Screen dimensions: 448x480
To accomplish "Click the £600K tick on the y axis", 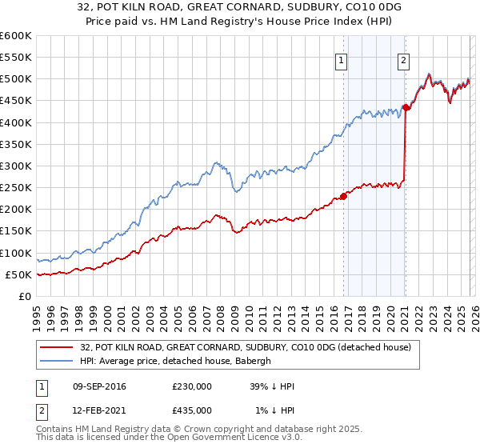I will pos(15,36).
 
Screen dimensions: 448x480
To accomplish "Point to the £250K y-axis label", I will pos(15,187).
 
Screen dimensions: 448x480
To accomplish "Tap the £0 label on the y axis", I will pos(24,296).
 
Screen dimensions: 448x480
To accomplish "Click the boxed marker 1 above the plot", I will pos(342,60).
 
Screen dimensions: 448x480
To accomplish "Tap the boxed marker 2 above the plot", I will pos(403,60).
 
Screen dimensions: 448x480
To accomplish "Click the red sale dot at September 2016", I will pos(344,196).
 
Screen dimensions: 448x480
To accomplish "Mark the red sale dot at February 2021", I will pos(406,107).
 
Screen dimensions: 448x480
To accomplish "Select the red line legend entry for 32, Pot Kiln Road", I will pos(246,347).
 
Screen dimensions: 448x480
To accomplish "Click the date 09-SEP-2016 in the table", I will pos(98,386).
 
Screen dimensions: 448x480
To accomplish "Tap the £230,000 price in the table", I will pos(192,386).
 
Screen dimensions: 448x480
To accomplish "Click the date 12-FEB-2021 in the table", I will pos(98,410).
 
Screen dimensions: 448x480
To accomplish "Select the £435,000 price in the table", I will pos(192,410).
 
